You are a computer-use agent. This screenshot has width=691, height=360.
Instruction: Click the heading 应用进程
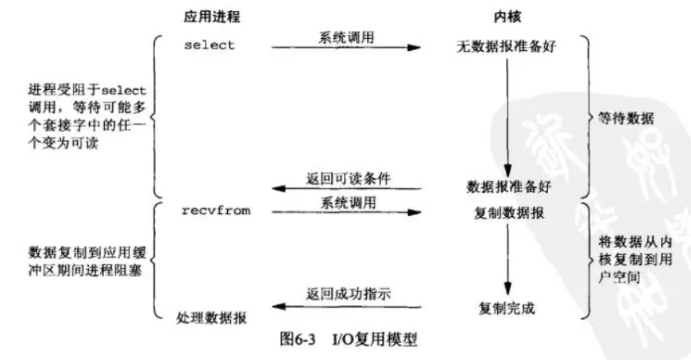(212, 17)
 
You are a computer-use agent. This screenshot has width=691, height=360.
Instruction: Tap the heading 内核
(507, 17)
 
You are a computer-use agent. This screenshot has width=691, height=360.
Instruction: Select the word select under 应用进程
(210, 45)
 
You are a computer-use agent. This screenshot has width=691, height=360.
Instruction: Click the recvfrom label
(216, 211)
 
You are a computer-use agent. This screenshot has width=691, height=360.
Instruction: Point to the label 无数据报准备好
(506, 46)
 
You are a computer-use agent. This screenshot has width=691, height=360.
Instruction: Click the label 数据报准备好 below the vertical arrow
(509, 187)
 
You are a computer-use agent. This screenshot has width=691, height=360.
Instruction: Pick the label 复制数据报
(509, 213)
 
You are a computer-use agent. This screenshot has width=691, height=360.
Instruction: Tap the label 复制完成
(507, 308)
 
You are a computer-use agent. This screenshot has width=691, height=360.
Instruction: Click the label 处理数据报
(211, 318)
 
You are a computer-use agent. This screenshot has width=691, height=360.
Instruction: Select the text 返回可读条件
(348, 179)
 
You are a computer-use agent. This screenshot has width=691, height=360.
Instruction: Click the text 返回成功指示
(348, 294)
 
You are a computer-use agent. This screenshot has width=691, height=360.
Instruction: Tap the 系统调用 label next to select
(346, 37)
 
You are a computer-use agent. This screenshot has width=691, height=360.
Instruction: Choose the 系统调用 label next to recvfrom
(348, 203)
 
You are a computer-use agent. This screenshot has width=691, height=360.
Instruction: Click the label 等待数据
(626, 118)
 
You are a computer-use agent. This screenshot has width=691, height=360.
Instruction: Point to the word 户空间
(619, 277)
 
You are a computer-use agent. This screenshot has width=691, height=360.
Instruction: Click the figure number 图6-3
(298, 339)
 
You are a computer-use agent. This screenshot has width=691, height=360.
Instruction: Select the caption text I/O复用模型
(374, 339)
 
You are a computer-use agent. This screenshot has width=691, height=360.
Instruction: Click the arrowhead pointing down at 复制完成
(508, 288)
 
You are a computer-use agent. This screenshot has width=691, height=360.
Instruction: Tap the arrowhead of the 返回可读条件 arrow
(279, 188)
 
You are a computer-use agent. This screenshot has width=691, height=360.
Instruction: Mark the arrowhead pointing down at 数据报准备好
(508, 171)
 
